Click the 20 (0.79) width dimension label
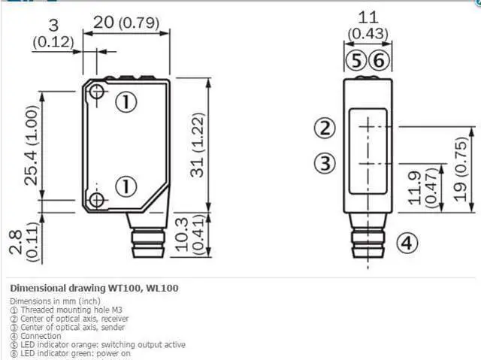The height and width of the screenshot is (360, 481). pos(126,23)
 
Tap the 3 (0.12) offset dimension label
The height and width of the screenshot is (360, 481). pos(53,33)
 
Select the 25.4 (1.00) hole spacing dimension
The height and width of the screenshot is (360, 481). pos(32,145)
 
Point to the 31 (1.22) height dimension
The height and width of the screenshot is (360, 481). pos(197,145)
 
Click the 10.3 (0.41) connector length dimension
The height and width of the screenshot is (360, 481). pos(190,234)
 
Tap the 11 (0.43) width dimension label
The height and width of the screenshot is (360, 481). pos(368,26)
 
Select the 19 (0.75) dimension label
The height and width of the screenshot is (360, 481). pos(461,169)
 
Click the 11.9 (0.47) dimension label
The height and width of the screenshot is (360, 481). pos(422,188)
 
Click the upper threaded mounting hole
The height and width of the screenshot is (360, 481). pos(97,92)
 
